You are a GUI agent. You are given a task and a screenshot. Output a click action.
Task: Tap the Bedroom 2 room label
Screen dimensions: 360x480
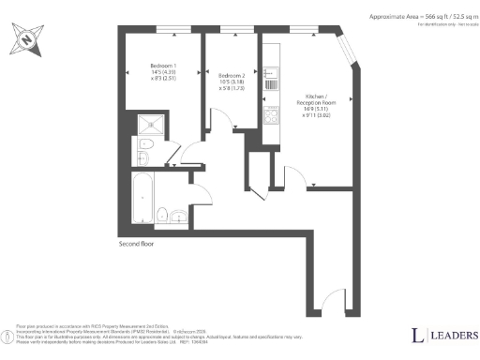click(x=231, y=75)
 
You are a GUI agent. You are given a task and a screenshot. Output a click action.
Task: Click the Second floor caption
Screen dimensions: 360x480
click(x=137, y=244)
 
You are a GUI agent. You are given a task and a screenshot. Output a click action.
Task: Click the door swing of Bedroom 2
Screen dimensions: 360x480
click(x=223, y=118)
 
